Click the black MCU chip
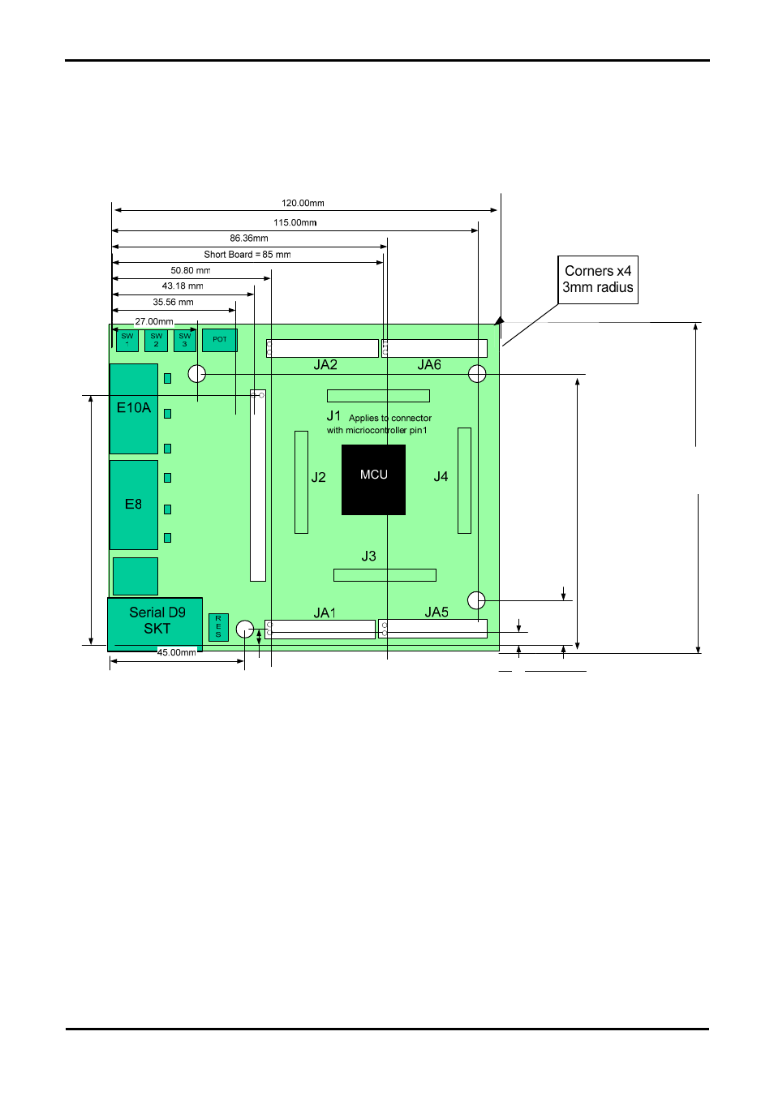tap(373, 479)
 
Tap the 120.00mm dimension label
tap(303, 204)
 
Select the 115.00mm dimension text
tap(295, 222)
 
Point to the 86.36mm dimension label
tap(248, 239)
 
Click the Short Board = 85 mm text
tap(247, 255)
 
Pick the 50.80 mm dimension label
tap(190, 271)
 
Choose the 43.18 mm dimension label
tap(183, 286)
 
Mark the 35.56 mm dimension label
tap(173, 303)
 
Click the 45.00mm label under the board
tap(177, 652)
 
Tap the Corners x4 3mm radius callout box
tap(598, 280)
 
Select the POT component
tap(219, 340)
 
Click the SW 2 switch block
tap(156, 340)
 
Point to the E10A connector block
tap(134, 408)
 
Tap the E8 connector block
tap(134, 505)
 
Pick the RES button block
tap(218, 627)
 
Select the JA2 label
tap(325, 365)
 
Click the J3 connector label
tap(368, 557)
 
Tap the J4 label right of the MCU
tap(441, 477)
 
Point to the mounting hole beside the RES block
tap(245, 629)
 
